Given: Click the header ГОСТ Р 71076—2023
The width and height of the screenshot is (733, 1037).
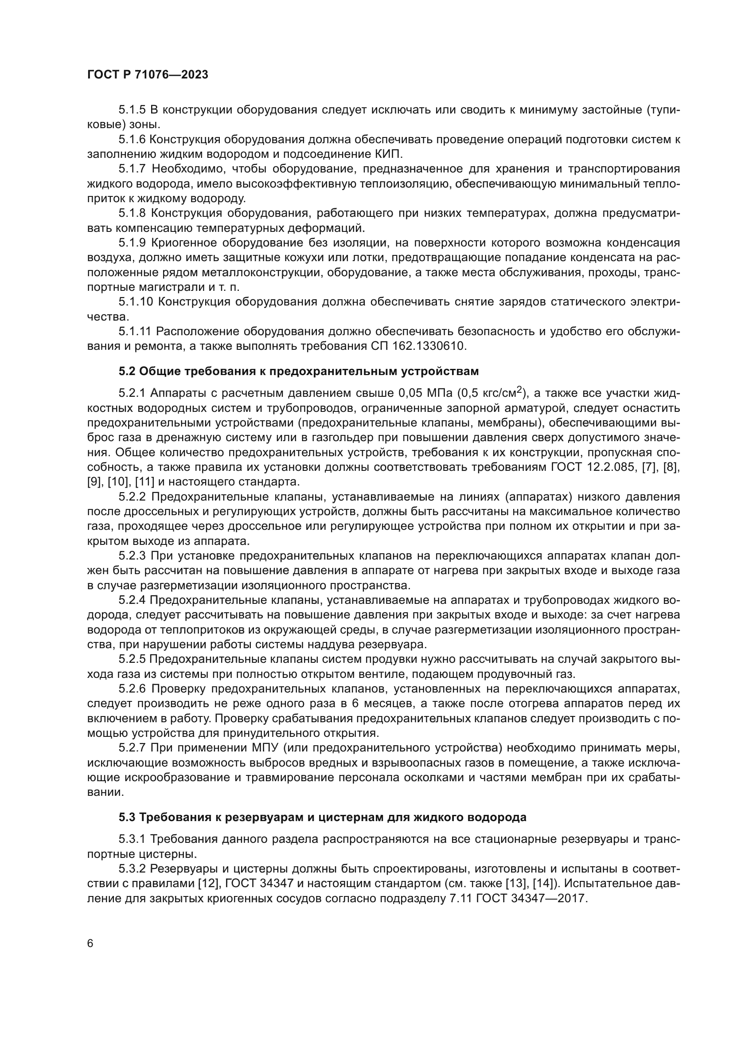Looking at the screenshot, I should pos(148,75).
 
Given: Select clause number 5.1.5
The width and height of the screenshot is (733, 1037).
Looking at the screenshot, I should pos(132,110).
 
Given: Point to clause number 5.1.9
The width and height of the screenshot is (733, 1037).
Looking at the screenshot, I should pos(132,243).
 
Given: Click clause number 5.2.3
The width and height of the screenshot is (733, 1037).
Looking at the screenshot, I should pos(132,556).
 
